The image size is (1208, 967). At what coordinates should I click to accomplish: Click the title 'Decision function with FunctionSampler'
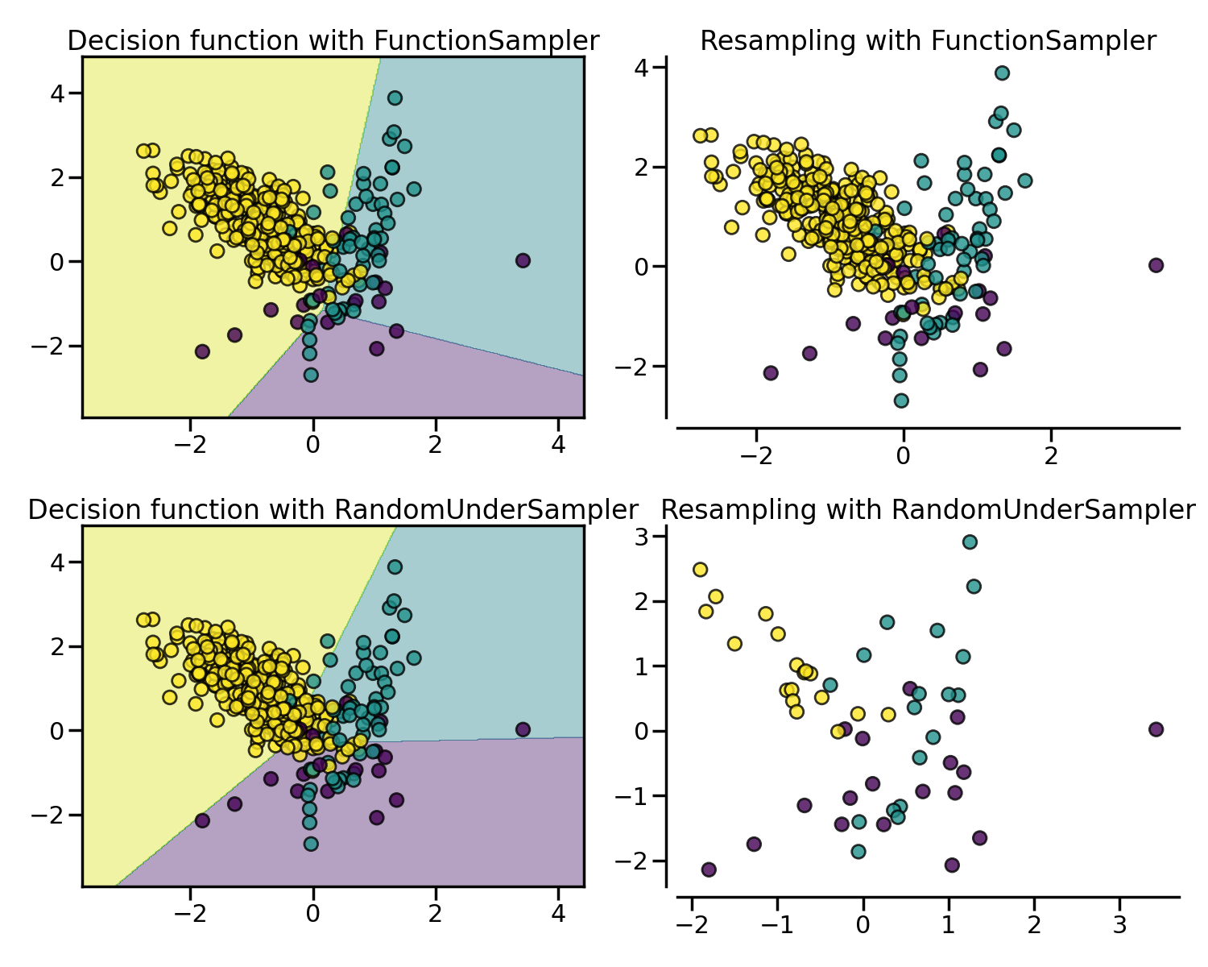pyautogui.click(x=333, y=41)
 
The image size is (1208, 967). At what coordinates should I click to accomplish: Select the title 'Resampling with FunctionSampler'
pyautogui.click(x=928, y=41)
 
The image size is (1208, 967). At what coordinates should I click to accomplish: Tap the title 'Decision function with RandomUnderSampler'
pyautogui.click(x=333, y=510)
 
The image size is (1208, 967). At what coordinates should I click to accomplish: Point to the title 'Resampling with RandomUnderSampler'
pyautogui.click(x=928, y=510)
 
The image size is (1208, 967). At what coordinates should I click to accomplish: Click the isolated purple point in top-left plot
pyautogui.click(x=523, y=260)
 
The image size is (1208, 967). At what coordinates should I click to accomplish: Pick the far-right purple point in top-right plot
pyautogui.click(x=1156, y=265)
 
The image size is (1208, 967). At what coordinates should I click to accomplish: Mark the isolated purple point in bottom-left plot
pyautogui.click(x=523, y=729)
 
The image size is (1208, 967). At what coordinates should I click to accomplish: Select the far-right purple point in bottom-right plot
pyautogui.click(x=1156, y=729)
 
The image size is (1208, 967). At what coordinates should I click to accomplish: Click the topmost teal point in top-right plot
pyautogui.click(x=1002, y=73)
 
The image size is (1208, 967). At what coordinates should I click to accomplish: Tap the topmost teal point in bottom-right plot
pyautogui.click(x=970, y=542)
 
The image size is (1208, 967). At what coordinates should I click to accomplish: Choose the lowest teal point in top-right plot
pyautogui.click(x=901, y=400)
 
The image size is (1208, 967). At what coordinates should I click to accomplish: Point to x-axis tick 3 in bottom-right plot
pyautogui.click(x=1119, y=921)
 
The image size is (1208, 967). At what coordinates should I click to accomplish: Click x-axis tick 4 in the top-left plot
pyautogui.click(x=558, y=445)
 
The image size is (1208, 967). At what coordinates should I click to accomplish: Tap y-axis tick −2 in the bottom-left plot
pyautogui.click(x=50, y=815)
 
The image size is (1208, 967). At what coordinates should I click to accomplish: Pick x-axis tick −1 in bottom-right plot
pyautogui.click(x=777, y=921)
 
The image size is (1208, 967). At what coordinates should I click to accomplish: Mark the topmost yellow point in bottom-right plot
pyautogui.click(x=700, y=570)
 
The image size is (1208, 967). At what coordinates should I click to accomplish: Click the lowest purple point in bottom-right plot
pyautogui.click(x=709, y=869)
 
